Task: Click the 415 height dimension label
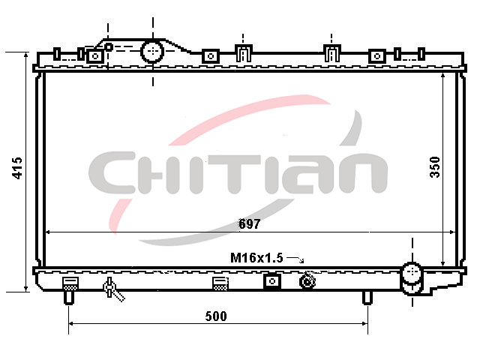[17, 168]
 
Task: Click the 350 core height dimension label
[435, 167]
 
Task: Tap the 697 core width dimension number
[250, 224]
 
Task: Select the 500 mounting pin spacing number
[216, 316]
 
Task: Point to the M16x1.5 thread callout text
[256, 258]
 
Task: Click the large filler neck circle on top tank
[152, 52]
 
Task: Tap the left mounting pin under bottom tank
[68, 297]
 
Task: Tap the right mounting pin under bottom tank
[367, 297]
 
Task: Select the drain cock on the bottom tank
[112, 288]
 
